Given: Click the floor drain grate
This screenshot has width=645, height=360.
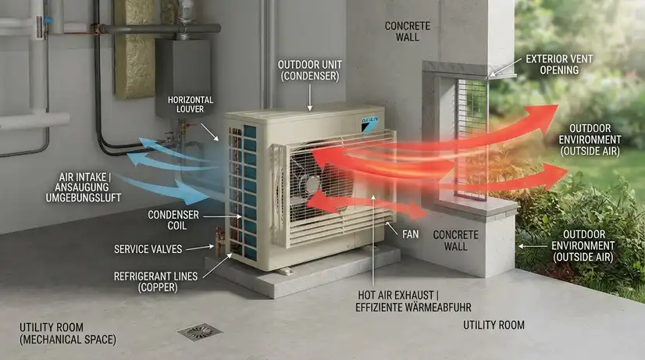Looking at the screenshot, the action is click(x=199, y=331).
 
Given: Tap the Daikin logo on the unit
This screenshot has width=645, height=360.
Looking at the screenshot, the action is click(x=370, y=124).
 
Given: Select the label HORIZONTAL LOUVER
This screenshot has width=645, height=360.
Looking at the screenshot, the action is click(x=190, y=105).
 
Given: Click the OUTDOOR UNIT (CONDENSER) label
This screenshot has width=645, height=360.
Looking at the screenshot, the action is click(x=310, y=70).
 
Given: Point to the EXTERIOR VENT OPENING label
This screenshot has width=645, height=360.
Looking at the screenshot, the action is click(x=559, y=65).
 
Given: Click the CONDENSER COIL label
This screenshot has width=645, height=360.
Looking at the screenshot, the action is click(x=173, y=220).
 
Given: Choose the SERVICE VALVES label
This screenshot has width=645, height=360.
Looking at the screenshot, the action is click(x=148, y=249).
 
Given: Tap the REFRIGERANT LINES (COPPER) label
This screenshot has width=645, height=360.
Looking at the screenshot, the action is click(x=156, y=282).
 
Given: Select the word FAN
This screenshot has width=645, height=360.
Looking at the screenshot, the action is click(x=410, y=234).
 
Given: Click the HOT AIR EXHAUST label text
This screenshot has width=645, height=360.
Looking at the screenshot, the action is click(x=413, y=301).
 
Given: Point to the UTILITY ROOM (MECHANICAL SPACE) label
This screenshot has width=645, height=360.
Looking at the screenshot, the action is click(x=68, y=333).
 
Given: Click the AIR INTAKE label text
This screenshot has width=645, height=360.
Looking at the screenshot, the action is click(x=84, y=187).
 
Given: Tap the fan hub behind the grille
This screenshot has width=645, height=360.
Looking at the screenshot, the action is click(x=312, y=184).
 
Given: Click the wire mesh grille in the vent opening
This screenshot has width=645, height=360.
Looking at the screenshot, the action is click(x=472, y=137).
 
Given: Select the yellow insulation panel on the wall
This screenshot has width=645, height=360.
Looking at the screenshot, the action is click(x=134, y=49).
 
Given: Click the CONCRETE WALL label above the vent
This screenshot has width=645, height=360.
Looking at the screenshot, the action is click(x=408, y=31).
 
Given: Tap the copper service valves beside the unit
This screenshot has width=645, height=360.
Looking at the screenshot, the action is click(x=220, y=241).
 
